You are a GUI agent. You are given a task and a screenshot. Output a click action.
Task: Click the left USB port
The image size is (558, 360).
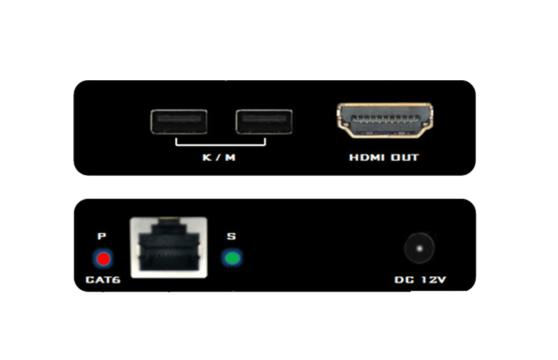pyautogui.click(x=179, y=122)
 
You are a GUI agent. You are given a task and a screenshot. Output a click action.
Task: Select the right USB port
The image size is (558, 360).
pyautogui.click(x=264, y=122)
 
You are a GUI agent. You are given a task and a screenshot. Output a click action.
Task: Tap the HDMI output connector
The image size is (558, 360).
pyautogui.click(x=385, y=120)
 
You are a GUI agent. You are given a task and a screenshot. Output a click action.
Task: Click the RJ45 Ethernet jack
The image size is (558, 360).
pyautogui.click(x=169, y=247)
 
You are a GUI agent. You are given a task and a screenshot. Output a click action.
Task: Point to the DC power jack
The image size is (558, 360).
pyautogui.click(x=419, y=248)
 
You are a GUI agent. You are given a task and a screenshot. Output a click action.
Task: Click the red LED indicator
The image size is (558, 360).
pyautogui.click(x=103, y=259)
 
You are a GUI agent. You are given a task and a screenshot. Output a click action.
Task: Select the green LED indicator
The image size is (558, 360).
pyautogui.click(x=232, y=258)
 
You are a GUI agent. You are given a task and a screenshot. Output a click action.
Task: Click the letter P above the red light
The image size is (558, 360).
pyautogui.click(x=102, y=236)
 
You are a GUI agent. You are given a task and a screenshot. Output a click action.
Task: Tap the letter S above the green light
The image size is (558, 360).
pyautogui.click(x=232, y=236)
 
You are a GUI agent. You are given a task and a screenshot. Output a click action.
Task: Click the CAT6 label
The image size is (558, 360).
pyautogui.click(x=103, y=280)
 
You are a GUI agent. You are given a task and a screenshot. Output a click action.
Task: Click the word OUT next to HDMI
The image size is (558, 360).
pyautogui.click(x=405, y=158)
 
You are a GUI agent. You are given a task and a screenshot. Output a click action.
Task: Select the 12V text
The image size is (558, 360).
pyautogui.click(x=433, y=280)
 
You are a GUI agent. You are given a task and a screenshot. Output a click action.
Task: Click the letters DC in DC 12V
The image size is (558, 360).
pyautogui.click(x=405, y=280)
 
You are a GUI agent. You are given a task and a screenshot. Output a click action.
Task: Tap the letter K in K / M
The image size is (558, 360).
pyautogui.click(x=206, y=158)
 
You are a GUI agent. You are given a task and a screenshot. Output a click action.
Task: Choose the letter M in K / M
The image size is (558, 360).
pyautogui.click(x=230, y=158)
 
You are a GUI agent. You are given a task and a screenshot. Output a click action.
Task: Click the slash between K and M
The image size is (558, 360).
pyautogui.click(x=218, y=158)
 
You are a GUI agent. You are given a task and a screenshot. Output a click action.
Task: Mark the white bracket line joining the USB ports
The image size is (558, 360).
pyautogui.click(x=220, y=144)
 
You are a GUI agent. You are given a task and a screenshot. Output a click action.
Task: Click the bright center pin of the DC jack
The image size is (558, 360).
pyautogui.click(x=420, y=248)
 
